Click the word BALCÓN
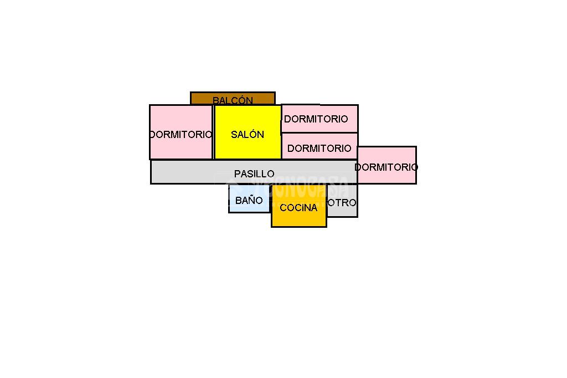(233, 100)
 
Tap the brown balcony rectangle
(233, 99)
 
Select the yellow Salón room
(248, 132)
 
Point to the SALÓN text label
(248, 134)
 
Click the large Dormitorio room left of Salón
(181, 132)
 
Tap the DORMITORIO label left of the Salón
(181, 135)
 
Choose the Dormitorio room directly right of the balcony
(319, 119)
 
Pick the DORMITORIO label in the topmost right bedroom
(316, 119)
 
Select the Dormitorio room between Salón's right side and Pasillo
(319, 146)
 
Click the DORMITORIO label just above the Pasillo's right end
(319, 148)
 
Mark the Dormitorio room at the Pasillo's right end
(387, 165)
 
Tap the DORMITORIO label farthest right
(386, 167)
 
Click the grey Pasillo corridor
(254, 172)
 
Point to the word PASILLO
(254, 174)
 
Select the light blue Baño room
(250, 198)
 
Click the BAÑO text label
(249, 200)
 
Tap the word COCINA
(298, 207)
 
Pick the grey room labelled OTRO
(342, 201)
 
